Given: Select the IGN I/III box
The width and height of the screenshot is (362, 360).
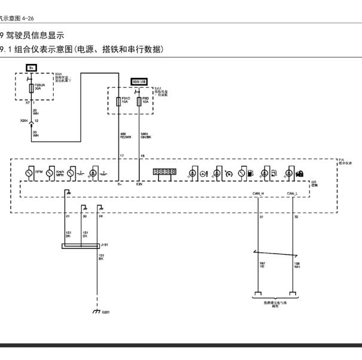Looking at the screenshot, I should [140, 81].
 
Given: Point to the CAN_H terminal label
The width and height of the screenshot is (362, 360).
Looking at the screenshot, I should [257, 194].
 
